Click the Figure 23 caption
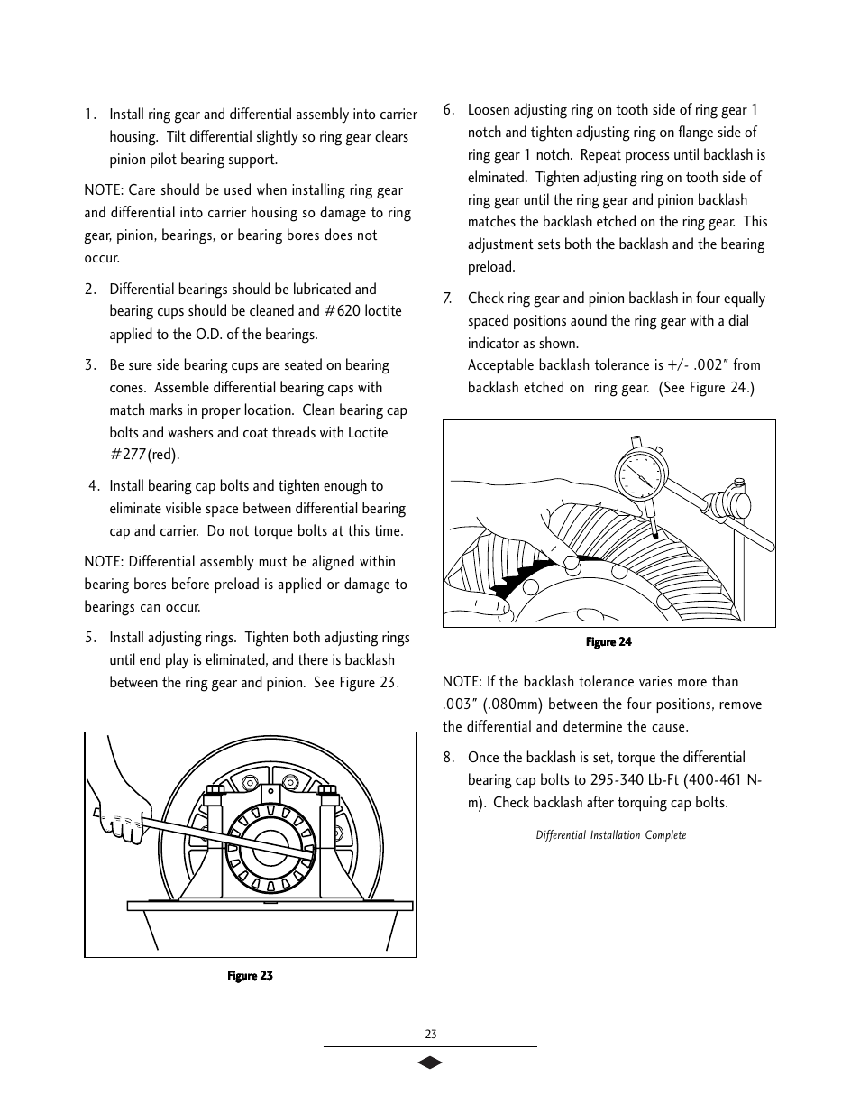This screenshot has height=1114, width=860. coord(250,975)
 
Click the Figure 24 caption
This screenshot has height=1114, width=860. coord(608,642)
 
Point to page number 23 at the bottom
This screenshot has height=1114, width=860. coord(430,1035)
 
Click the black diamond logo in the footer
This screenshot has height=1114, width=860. coord(430,1063)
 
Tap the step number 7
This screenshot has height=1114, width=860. coord(448,299)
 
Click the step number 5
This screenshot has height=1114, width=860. coord(90,638)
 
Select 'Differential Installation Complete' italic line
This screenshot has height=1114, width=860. coord(610,835)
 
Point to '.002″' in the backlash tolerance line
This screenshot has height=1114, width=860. coord(709,365)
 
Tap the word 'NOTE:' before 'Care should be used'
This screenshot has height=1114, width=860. coord(104,190)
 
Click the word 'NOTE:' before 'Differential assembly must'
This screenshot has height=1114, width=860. coord(104,562)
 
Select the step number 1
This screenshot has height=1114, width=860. coord(90,115)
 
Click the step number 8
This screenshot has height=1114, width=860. coord(448,758)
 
